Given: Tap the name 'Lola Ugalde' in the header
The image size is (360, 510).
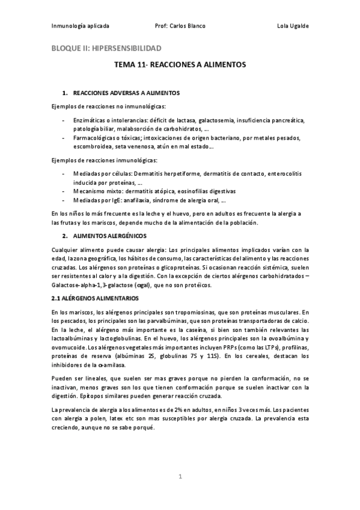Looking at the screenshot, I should point(293,26).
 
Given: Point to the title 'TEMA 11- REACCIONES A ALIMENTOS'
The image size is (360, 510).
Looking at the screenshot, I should point(180,63).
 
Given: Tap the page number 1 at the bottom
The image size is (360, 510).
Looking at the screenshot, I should point(180,476).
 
